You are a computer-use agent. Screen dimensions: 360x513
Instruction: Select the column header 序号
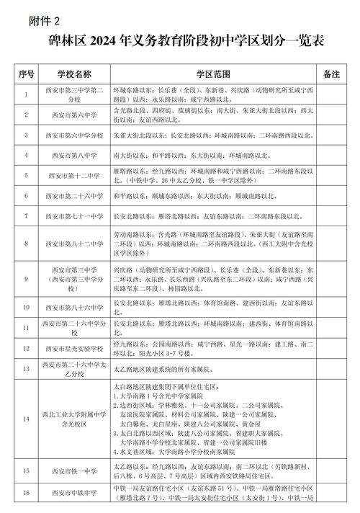click(27, 74)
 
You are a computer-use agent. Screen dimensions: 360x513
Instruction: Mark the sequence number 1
click(27, 94)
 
